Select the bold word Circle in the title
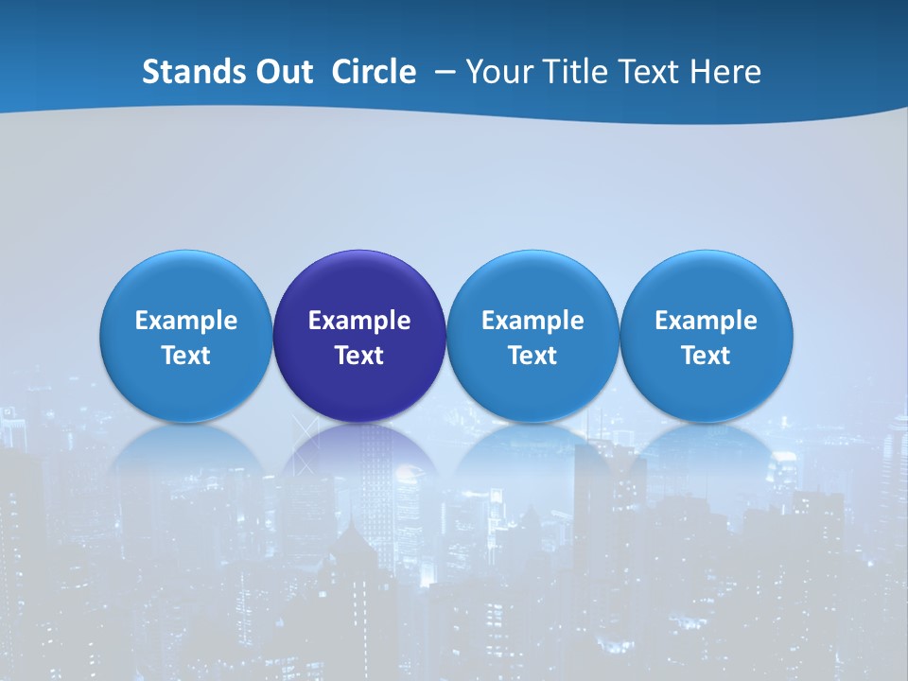tap(374, 72)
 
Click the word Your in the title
tap(498, 72)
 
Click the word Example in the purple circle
tap(359, 321)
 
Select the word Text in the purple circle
tap(359, 356)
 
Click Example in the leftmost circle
tap(186, 321)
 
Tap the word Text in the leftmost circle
tap(186, 356)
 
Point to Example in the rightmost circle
tap(706, 321)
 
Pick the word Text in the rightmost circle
tap(706, 356)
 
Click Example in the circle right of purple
tap(533, 321)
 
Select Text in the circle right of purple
tap(533, 356)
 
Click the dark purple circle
tap(359, 284)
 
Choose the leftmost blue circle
tap(186, 284)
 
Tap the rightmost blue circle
tap(706, 284)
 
